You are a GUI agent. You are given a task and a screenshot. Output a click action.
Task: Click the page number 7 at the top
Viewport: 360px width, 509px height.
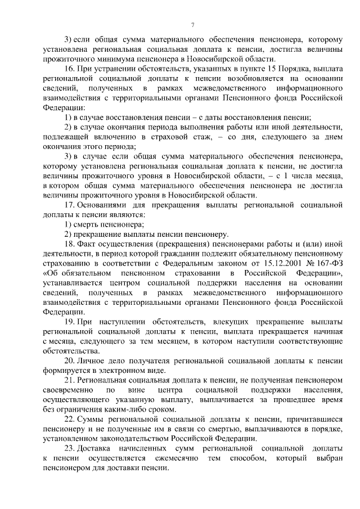tap(192, 24)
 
